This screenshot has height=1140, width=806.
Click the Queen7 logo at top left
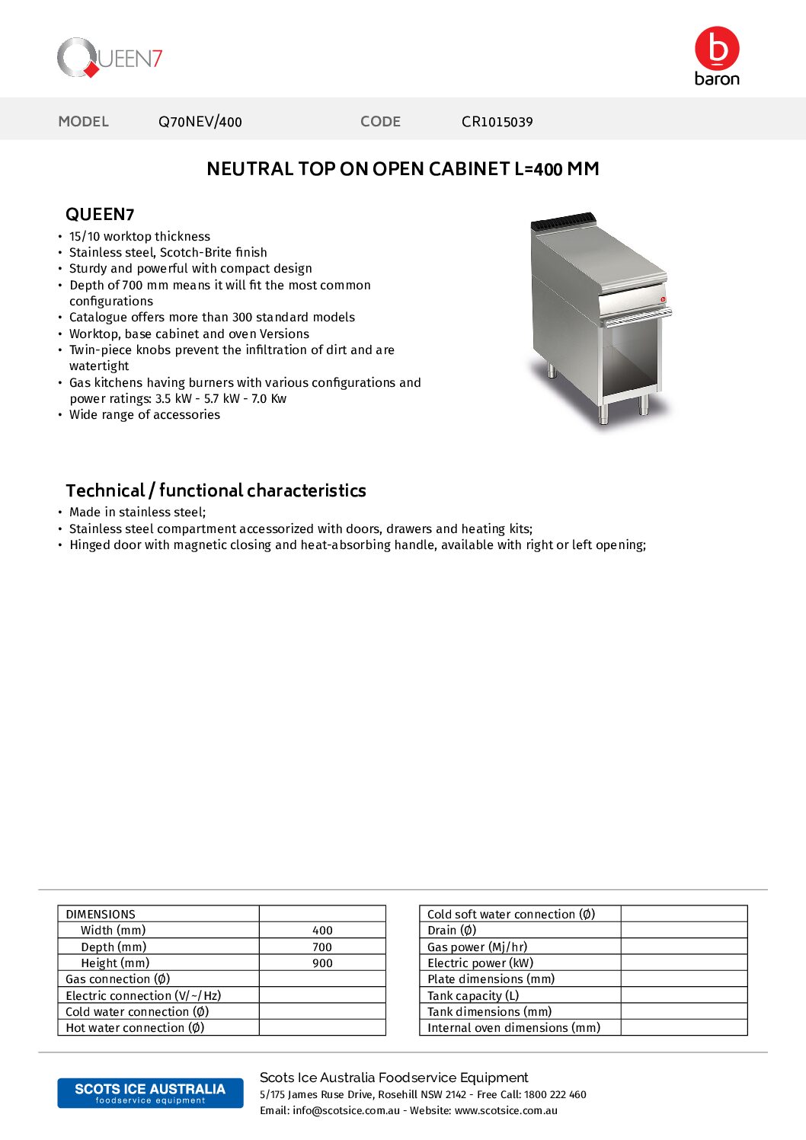pyautogui.click(x=110, y=58)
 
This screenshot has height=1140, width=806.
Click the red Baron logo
pyautogui.click(x=717, y=56)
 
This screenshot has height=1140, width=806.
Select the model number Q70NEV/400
pyautogui.click(x=200, y=122)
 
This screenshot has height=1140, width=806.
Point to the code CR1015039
pyautogui.click(x=497, y=122)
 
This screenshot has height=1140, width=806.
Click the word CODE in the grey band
pyautogui.click(x=380, y=122)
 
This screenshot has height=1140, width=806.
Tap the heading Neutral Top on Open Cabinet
pyautogui.click(x=402, y=169)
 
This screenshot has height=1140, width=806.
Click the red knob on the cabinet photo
pyautogui.click(x=663, y=299)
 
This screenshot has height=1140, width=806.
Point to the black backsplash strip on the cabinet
pyautogui.click(x=562, y=222)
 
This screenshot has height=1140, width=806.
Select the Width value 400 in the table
pyautogui.click(x=322, y=931)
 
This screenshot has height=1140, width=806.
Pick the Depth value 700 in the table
pyautogui.click(x=322, y=947)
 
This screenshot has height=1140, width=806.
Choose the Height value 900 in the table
pyautogui.click(x=322, y=963)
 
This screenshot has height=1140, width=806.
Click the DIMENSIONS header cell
pyautogui.click(x=101, y=914)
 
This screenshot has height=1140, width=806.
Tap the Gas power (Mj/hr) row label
pyautogui.click(x=477, y=947)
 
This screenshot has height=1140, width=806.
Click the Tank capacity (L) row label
pyautogui.click(x=473, y=995)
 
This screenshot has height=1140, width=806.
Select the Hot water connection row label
pyautogui.click(x=135, y=1028)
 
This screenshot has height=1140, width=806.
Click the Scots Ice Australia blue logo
pyautogui.click(x=150, y=1093)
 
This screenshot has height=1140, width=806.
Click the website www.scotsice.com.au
pyautogui.click(x=506, y=1110)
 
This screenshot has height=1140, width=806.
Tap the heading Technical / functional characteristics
pyautogui.click(x=216, y=490)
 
